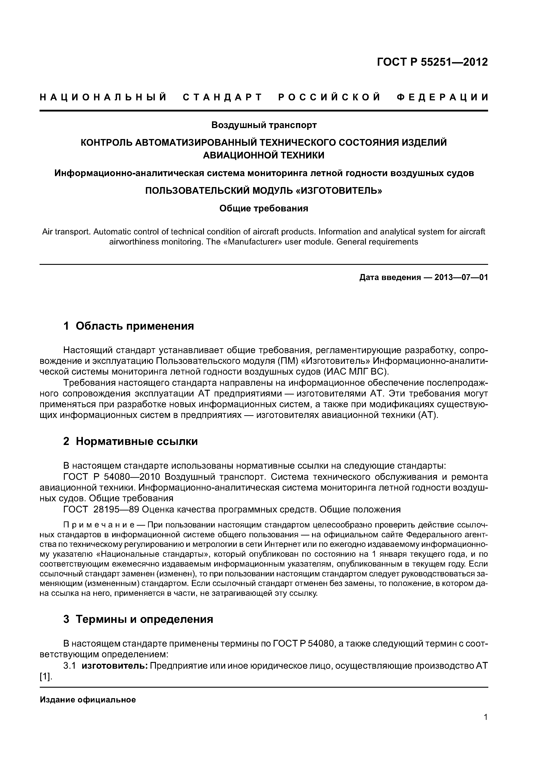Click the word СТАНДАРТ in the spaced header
(222, 97)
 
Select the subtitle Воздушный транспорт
(264, 125)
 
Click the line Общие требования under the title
(264, 208)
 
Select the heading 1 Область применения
(128, 326)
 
